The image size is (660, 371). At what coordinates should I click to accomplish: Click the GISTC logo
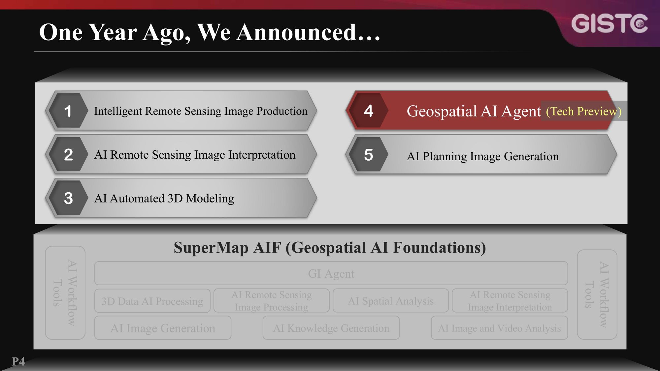coord(609,24)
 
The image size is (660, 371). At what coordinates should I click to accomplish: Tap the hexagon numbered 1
coord(68,111)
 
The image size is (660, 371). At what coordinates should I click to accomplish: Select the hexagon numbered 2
coord(68,154)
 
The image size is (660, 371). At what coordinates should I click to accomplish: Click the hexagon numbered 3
coord(68,198)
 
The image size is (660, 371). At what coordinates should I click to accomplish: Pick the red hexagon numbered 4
coord(368,111)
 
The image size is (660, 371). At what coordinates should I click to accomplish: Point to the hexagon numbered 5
coord(368,155)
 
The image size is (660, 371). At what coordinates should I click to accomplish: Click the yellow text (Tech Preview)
coord(583,111)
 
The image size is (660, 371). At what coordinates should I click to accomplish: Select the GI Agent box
coord(331,273)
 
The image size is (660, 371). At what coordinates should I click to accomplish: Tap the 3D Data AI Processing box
coord(152,301)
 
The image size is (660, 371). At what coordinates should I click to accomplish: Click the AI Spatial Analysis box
coord(391,301)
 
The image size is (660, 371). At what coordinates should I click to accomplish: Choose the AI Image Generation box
coord(163,328)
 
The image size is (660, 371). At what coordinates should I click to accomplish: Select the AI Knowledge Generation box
coord(331,328)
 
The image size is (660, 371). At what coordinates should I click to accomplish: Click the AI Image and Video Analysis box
coord(499,328)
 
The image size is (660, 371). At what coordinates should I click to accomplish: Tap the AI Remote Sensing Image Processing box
coord(271,301)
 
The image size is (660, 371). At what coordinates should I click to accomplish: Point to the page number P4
coord(18,361)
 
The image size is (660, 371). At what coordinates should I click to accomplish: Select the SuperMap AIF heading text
coord(330,248)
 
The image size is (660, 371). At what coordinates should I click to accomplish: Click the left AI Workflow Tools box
coord(65,293)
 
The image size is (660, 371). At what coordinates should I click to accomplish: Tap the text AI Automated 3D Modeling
coord(164,199)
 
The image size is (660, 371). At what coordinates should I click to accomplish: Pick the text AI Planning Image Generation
coord(482,156)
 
